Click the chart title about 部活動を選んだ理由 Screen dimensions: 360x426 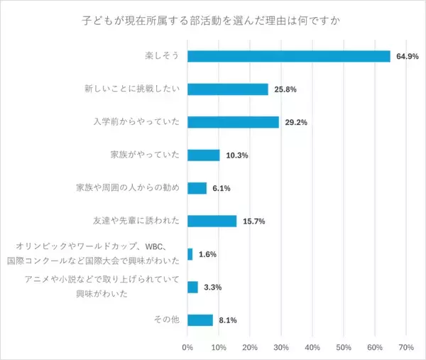(212, 20)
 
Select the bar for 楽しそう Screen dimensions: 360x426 (289, 56)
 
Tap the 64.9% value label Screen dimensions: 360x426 (408, 56)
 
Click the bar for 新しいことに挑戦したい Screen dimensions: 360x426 (228, 89)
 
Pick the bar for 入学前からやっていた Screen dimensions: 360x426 (233, 122)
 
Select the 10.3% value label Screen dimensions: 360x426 (236, 156)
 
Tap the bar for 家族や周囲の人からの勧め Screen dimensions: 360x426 (197, 188)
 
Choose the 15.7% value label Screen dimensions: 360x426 (253, 222)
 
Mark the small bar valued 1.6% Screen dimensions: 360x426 (190, 254)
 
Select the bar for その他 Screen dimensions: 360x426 (200, 320)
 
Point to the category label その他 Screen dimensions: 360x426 (168, 320)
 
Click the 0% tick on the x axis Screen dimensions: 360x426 (188, 347)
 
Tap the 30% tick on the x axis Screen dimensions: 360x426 (281, 347)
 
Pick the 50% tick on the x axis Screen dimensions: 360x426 (344, 347)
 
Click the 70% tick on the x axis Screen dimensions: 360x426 (405, 347)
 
